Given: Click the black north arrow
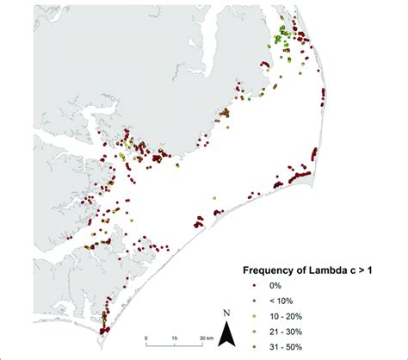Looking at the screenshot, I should click(x=226, y=333).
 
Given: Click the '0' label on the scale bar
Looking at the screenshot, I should click(x=146, y=337).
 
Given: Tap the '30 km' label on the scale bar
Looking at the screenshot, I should click(x=205, y=337).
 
